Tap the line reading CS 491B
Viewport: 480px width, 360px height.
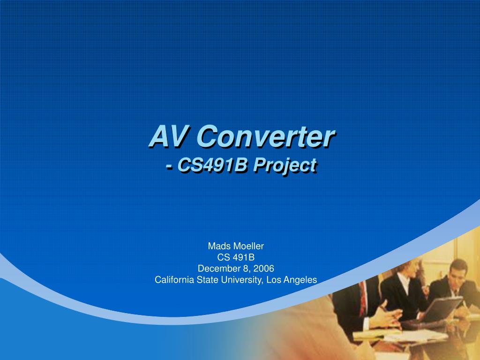(x=236, y=257)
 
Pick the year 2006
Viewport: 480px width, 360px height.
(x=264, y=269)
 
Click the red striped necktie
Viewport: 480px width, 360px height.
(x=363, y=299)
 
